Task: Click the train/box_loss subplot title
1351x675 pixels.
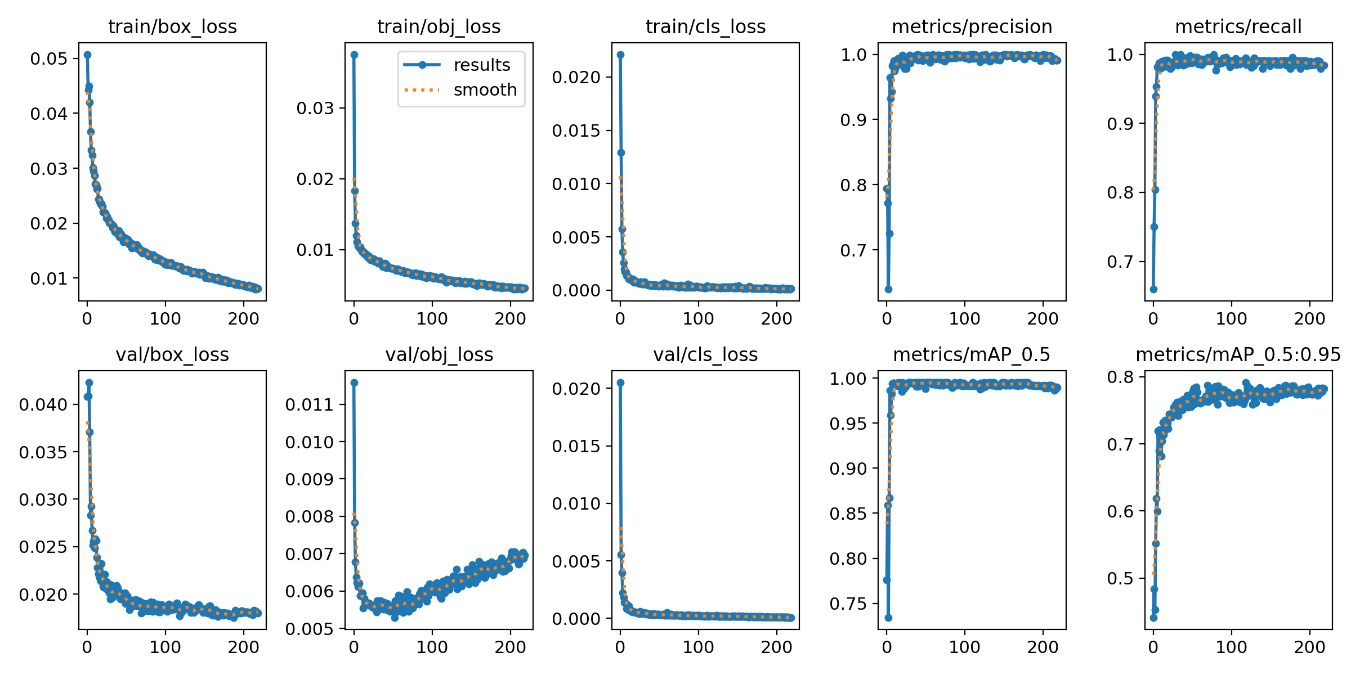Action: (172, 26)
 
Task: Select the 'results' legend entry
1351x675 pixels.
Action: (481, 65)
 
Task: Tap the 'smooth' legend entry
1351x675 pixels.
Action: (485, 89)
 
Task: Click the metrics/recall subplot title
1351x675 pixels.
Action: (1238, 26)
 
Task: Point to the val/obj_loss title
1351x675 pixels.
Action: (439, 354)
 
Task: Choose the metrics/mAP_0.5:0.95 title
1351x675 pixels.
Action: (1238, 354)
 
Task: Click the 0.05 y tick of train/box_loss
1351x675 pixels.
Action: (48, 58)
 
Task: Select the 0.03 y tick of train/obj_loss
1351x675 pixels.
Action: (315, 108)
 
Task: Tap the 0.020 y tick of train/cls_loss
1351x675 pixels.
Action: (576, 77)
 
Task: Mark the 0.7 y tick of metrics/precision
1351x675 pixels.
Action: (852, 250)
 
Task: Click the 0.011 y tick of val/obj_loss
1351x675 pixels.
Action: (309, 404)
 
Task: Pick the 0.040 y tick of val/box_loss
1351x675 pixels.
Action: (43, 404)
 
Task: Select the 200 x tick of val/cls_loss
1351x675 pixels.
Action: (776, 647)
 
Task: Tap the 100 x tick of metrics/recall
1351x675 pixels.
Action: (1231, 319)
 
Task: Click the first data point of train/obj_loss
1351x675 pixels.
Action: (354, 55)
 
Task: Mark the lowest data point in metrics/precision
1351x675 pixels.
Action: (888, 289)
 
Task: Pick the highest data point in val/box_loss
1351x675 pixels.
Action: (89, 382)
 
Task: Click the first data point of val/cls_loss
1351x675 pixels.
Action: (620, 382)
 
